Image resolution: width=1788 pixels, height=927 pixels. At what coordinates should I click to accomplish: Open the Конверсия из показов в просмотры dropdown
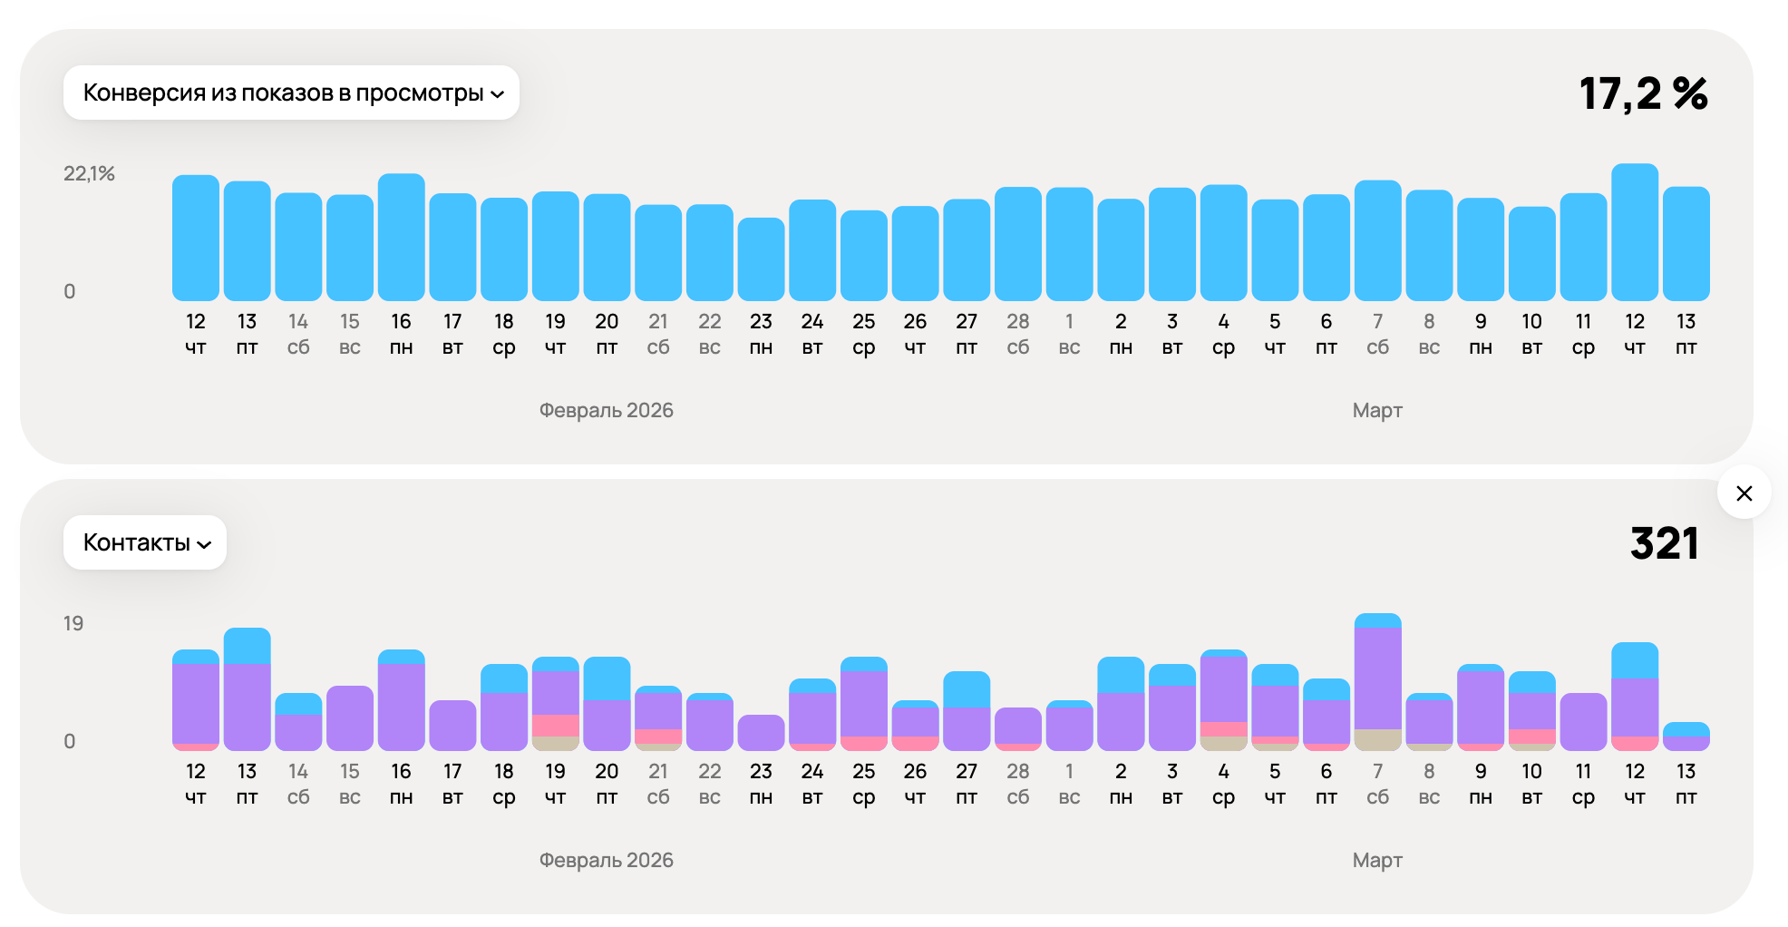point(291,93)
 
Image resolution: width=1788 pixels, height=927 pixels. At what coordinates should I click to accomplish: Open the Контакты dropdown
point(145,542)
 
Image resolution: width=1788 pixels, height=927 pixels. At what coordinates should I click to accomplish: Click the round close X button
point(1744,493)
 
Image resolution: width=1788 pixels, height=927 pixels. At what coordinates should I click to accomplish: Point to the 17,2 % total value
point(1643,93)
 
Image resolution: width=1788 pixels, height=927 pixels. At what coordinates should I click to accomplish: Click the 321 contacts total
point(1664,543)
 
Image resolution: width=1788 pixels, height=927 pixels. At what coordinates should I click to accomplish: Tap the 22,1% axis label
point(89,173)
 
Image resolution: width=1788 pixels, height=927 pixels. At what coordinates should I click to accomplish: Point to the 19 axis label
point(73,623)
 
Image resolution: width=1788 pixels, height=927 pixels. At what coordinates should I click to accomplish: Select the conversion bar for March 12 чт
point(1634,232)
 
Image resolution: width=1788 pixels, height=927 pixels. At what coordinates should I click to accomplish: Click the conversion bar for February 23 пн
point(761,259)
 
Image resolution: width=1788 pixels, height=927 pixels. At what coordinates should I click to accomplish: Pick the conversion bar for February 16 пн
point(401,237)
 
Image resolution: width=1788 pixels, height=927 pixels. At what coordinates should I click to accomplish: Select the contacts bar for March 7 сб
point(1377,680)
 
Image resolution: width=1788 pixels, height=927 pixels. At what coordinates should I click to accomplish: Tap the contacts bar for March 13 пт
point(1686,737)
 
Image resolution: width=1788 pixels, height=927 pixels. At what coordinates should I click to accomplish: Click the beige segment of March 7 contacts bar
point(1377,739)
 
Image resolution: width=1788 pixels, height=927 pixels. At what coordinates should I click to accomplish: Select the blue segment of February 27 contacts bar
point(967,688)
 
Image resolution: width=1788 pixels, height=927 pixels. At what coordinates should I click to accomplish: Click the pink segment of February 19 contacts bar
point(555,725)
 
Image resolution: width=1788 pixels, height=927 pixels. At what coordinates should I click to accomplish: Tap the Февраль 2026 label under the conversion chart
point(606,410)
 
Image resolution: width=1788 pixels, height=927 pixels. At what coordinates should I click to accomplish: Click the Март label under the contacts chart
point(1376,860)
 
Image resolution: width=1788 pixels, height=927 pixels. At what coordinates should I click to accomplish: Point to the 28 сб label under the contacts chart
point(1017,784)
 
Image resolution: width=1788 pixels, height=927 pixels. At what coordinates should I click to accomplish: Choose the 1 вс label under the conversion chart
point(1069,334)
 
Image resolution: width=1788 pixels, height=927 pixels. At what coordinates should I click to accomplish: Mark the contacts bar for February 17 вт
point(452,725)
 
